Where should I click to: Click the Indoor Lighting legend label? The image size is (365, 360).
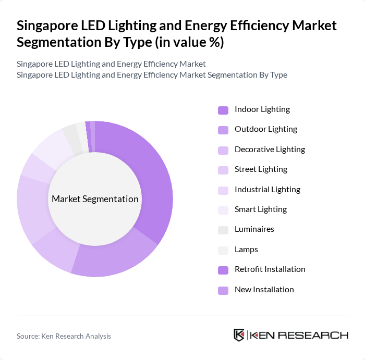coord(262,109)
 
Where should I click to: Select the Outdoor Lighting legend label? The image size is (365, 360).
coord(265,129)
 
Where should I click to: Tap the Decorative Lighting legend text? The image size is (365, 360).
coord(270,150)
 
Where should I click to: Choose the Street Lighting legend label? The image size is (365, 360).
coord(261,169)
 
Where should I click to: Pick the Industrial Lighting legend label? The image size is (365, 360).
coord(267,189)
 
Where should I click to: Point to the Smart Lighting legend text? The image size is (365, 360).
coord(260,209)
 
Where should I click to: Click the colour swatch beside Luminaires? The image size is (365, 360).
coord(223,230)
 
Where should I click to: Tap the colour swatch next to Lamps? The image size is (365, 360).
coord(223,250)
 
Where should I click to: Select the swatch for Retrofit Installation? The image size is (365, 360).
coord(223,269)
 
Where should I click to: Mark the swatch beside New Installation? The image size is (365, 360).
coord(223,290)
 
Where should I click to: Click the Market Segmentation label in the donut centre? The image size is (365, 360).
coord(95,199)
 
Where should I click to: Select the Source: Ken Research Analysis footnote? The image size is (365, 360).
coord(64,336)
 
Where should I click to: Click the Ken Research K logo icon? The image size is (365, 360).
coord(239,335)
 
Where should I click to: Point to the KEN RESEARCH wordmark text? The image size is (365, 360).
coord(299,335)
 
